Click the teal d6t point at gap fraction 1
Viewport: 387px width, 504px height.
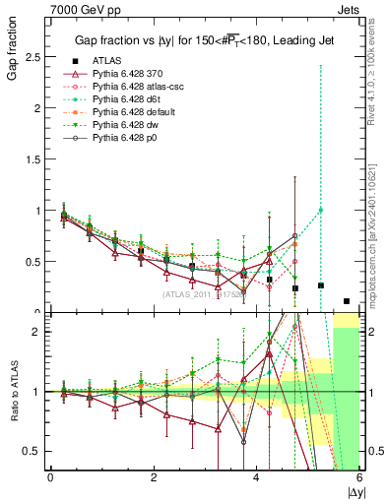tap(320, 210)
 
